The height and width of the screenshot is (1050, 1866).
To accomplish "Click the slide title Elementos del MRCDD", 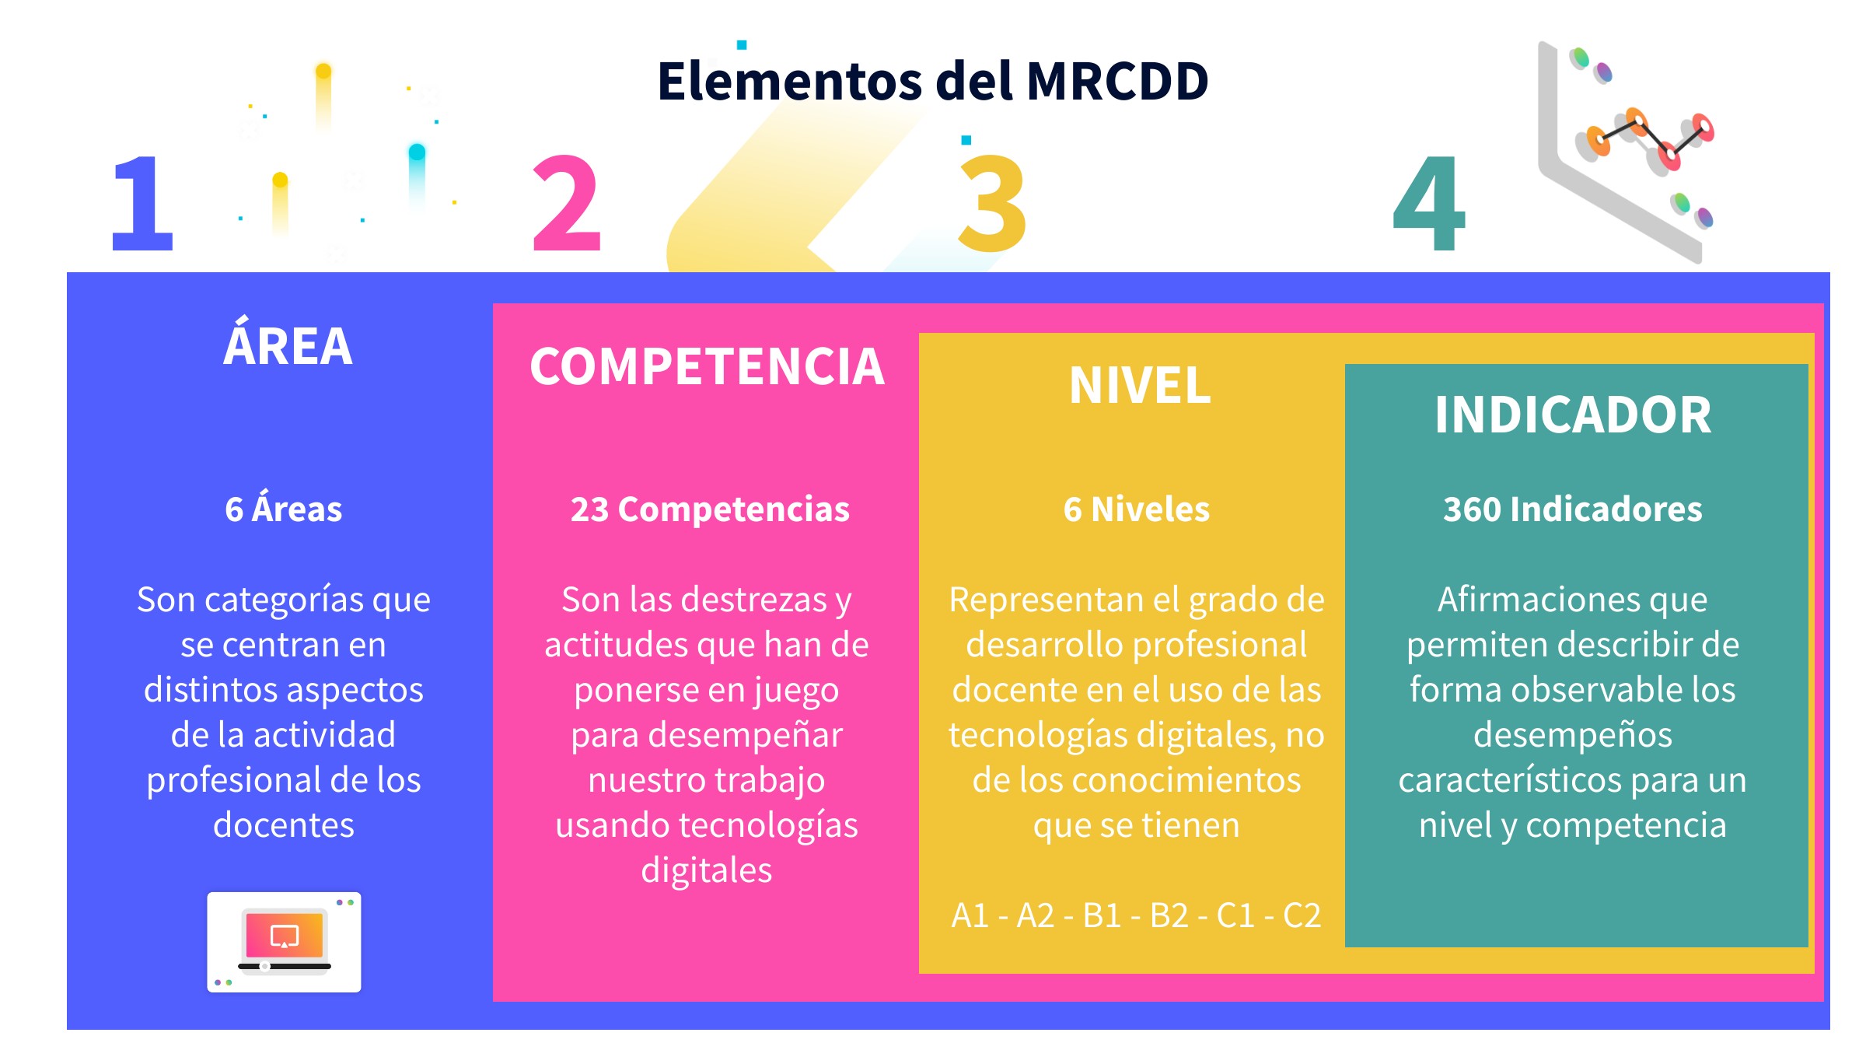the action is point(933,81).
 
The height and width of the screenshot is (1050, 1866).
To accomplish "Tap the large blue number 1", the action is point(143,203).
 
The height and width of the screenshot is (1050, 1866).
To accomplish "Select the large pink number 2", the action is point(567,203).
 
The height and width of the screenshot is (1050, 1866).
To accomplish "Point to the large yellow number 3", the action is point(993,203).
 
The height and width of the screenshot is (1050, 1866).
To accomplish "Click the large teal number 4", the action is point(1429,203).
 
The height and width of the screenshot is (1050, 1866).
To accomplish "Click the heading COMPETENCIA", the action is point(707,366).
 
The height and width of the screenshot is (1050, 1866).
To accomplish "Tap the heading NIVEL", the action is point(1140,385).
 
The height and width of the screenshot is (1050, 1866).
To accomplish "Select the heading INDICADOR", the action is point(1573,415).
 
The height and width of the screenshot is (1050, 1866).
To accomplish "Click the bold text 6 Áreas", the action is point(284,508).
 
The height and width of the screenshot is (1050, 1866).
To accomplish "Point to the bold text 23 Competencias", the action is point(710,510).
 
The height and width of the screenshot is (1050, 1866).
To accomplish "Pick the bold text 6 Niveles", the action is point(1137,509).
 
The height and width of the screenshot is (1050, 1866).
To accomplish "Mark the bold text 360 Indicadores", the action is point(1573,509).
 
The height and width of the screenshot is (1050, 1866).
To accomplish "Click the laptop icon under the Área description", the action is point(284,942).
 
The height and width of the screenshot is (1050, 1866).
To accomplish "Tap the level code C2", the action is point(1302,915).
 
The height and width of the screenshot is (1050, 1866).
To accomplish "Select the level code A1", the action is point(970,915).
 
